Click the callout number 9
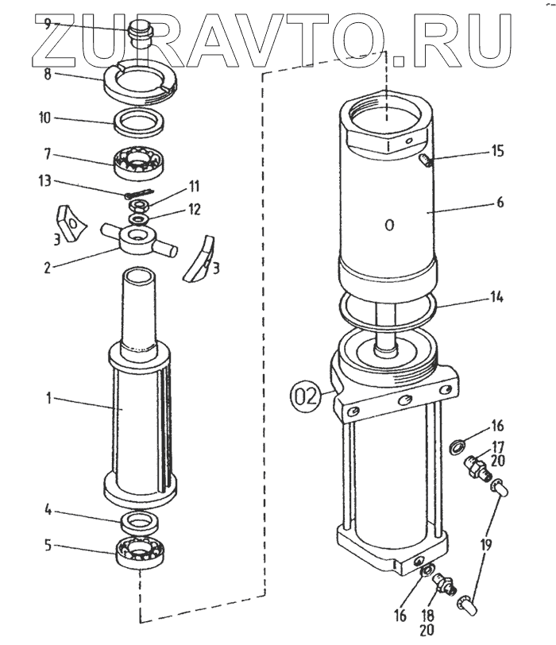[48, 24]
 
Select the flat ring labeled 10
[140, 124]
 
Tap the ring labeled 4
[141, 522]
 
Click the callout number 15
[497, 150]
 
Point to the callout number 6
[500, 203]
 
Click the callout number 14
[497, 299]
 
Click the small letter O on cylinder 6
[389, 226]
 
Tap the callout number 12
[195, 210]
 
